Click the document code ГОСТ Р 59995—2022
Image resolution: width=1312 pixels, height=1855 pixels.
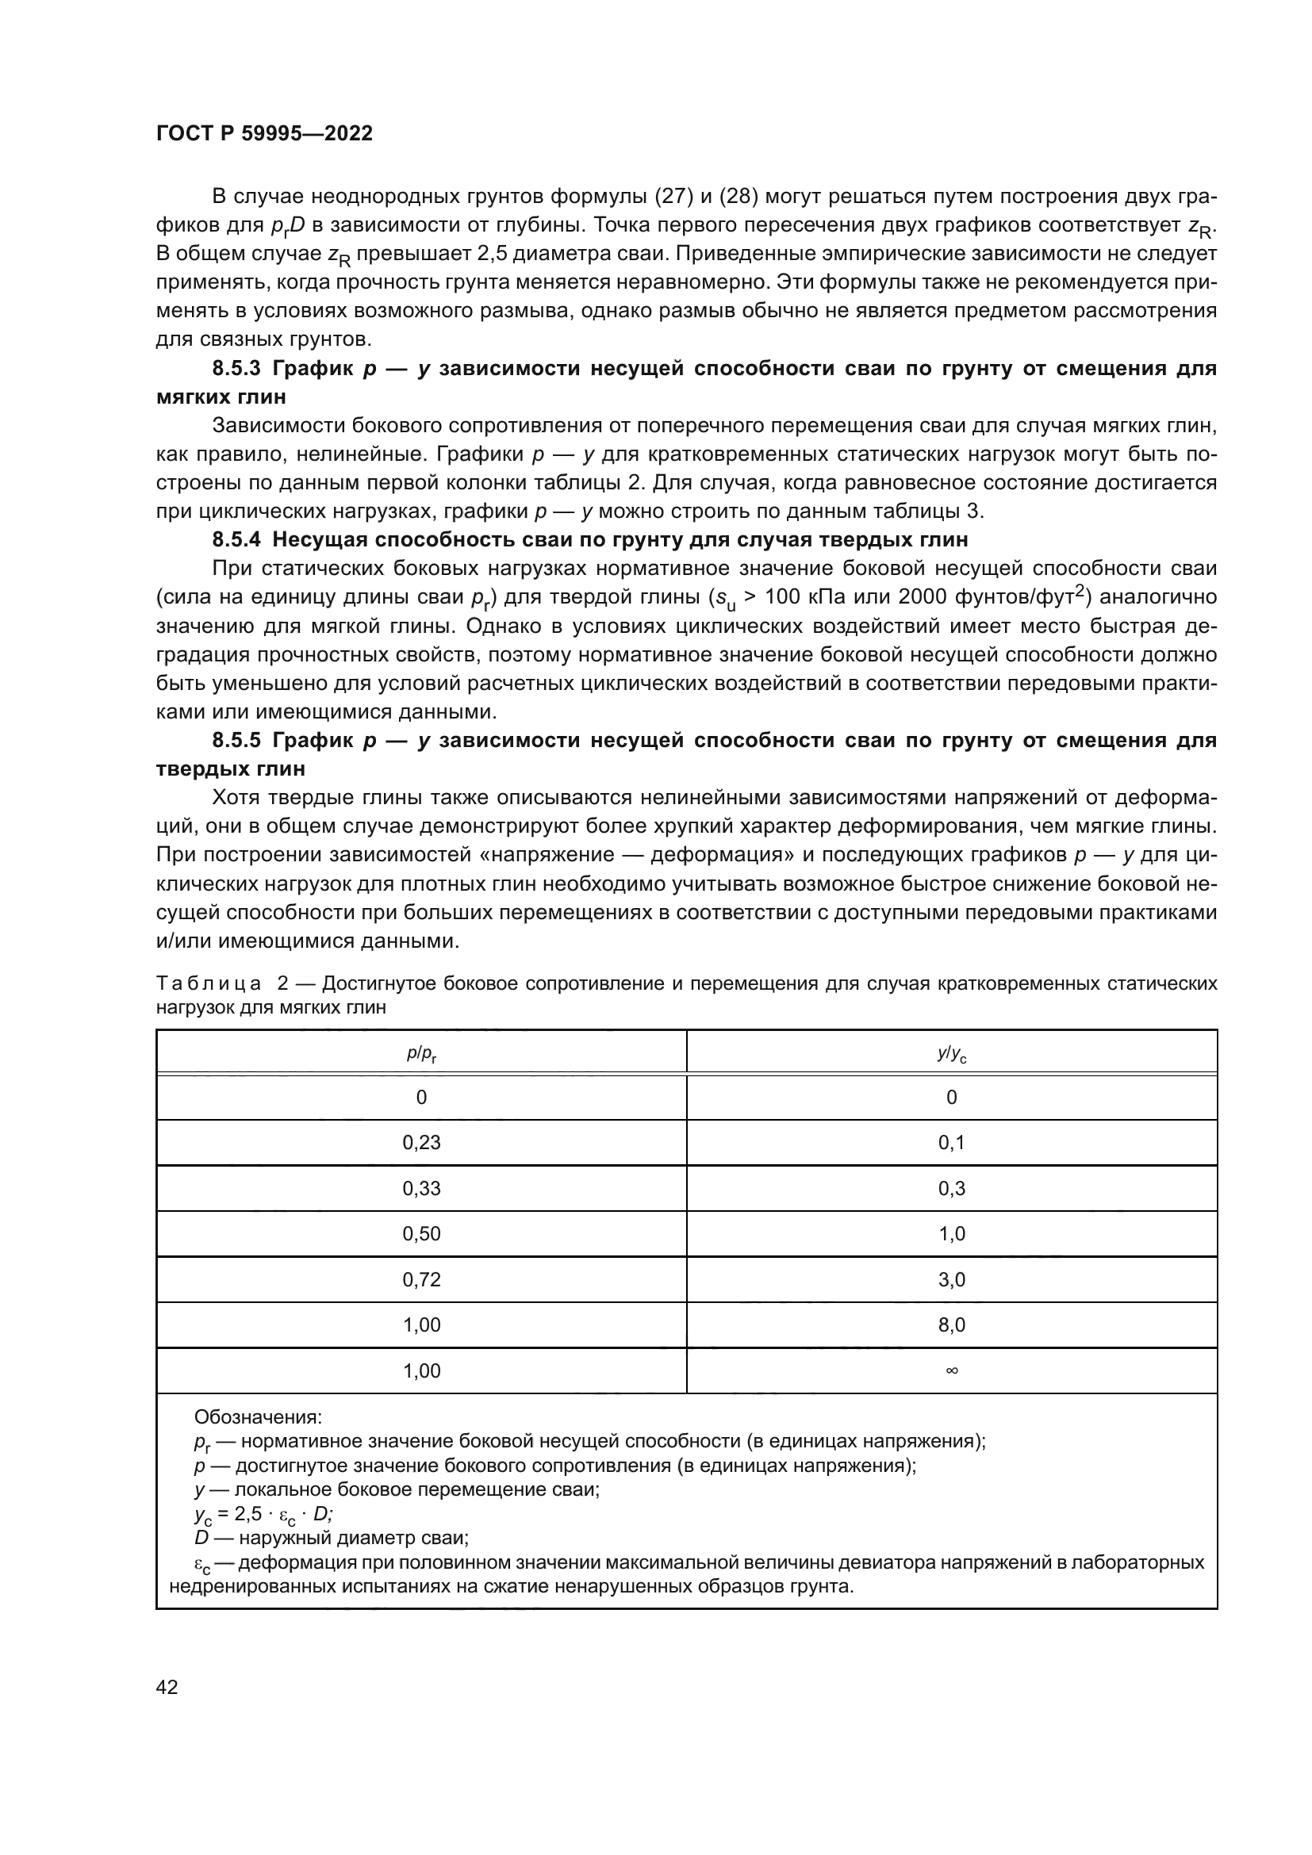tap(264, 134)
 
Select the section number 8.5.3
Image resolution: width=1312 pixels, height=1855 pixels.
tap(236, 370)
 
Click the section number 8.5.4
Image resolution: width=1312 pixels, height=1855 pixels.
tap(236, 540)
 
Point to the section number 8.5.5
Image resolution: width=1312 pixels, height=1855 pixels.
tap(236, 740)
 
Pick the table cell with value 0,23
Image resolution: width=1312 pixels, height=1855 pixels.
tap(421, 1142)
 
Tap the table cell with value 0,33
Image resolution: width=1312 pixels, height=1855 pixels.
tap(421, 1189)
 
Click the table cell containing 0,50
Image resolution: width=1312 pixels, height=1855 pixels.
tap(421, 1234)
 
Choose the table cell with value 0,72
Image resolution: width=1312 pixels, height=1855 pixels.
tap(421, 1280)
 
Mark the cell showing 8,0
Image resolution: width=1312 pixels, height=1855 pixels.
tap(951, 1325)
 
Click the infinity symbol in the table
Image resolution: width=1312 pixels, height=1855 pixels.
tap(951, 1370)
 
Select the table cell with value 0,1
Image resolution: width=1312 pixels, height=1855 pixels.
tap(951, 1142)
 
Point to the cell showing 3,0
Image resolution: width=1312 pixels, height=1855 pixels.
tap(951, 1280)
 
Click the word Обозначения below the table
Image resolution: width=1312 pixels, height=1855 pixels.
tap(258, 1417)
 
